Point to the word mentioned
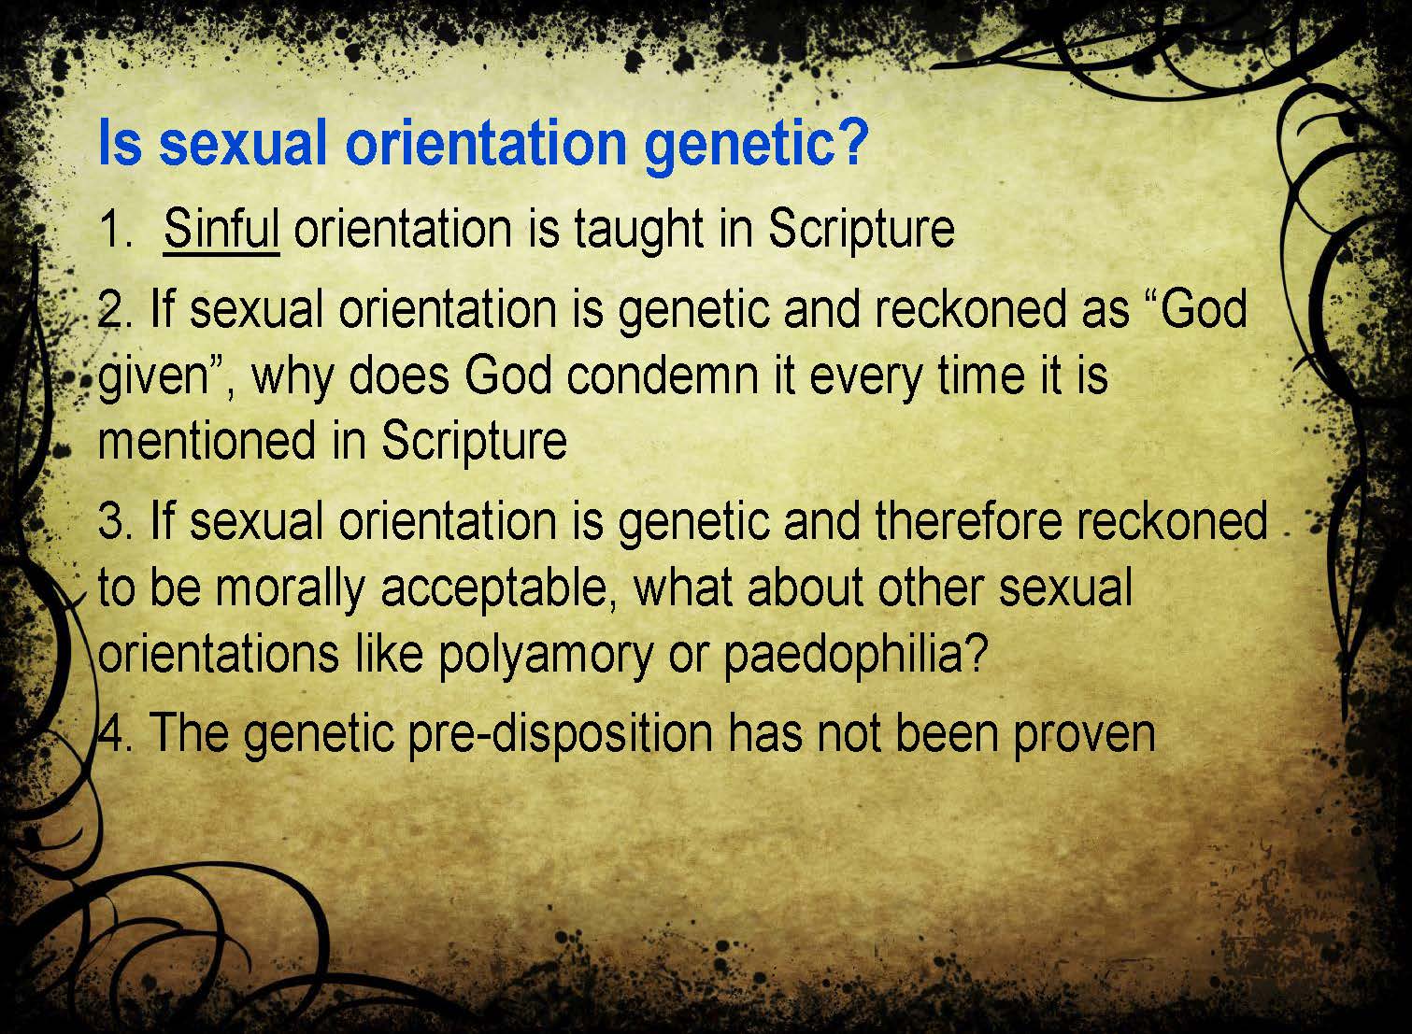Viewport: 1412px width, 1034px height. click(207, 441)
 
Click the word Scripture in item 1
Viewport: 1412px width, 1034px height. click(861, 232)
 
